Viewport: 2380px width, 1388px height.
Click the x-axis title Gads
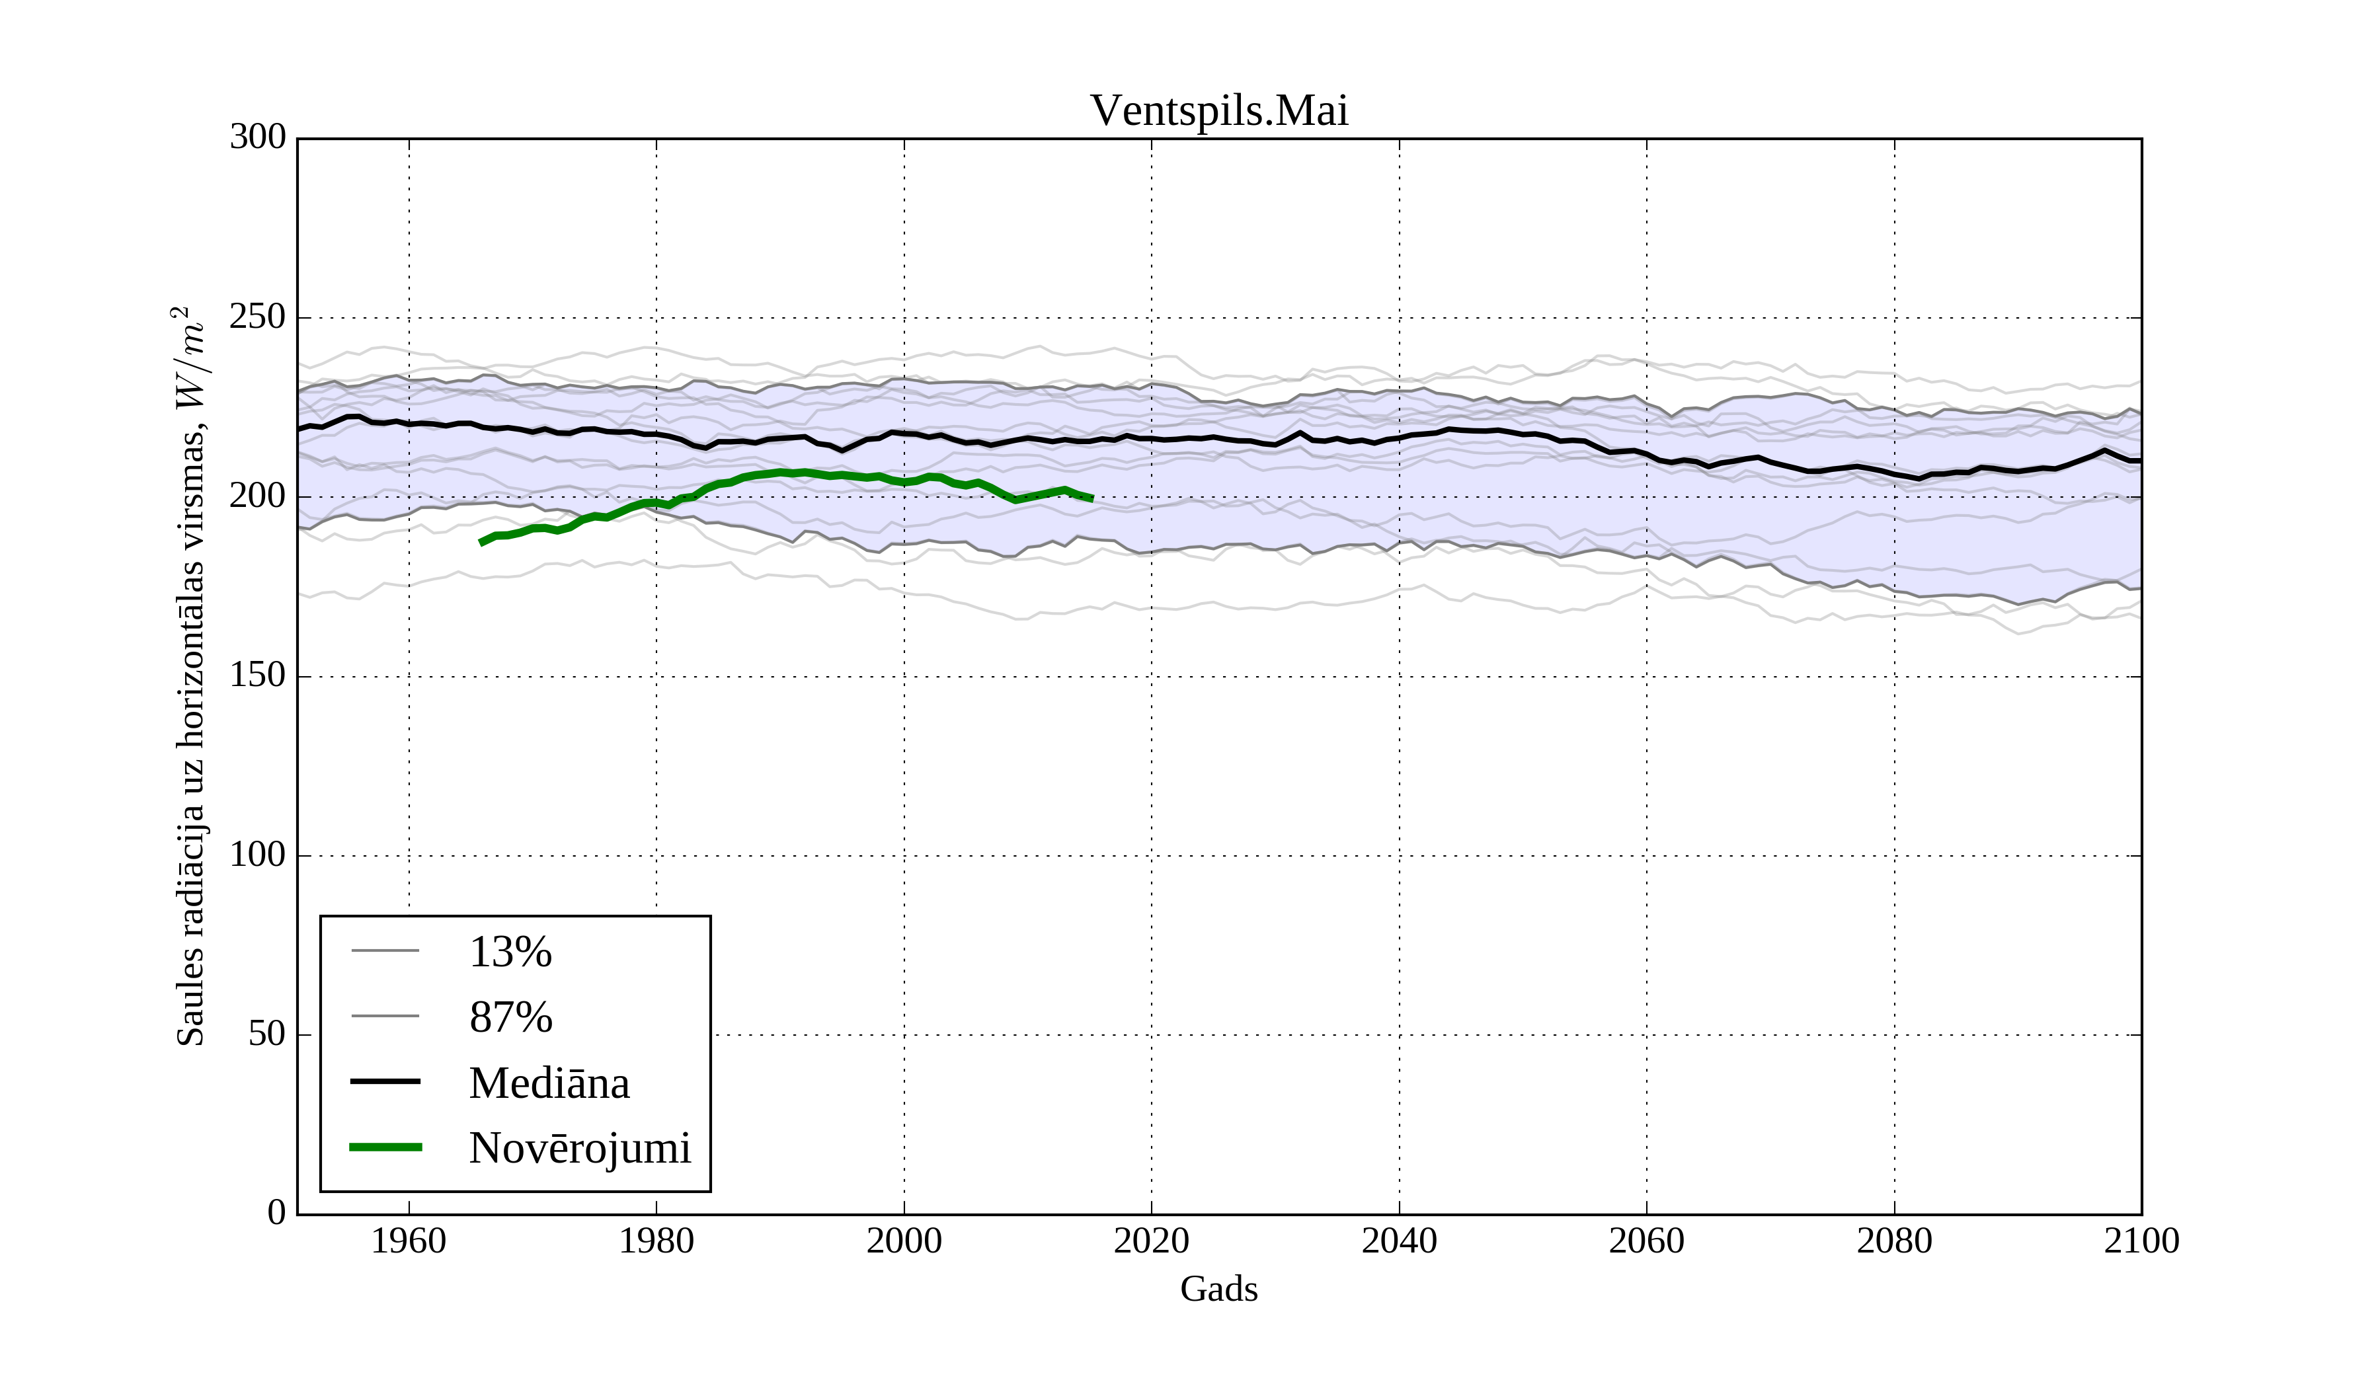(1218, 1289)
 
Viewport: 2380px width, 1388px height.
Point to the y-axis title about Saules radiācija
(191, 676)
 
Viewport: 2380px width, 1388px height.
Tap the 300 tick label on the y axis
(257, 137)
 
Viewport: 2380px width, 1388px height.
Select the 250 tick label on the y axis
(257, 317)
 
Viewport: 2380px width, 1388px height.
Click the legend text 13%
(510, 952)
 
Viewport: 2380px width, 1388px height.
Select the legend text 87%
(510, 1017)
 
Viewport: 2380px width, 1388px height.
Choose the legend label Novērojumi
(580, 1148)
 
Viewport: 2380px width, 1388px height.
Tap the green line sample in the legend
(385, 1147)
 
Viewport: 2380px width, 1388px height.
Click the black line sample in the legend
(385, 1081)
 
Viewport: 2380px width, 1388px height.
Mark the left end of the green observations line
(482, 543)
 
